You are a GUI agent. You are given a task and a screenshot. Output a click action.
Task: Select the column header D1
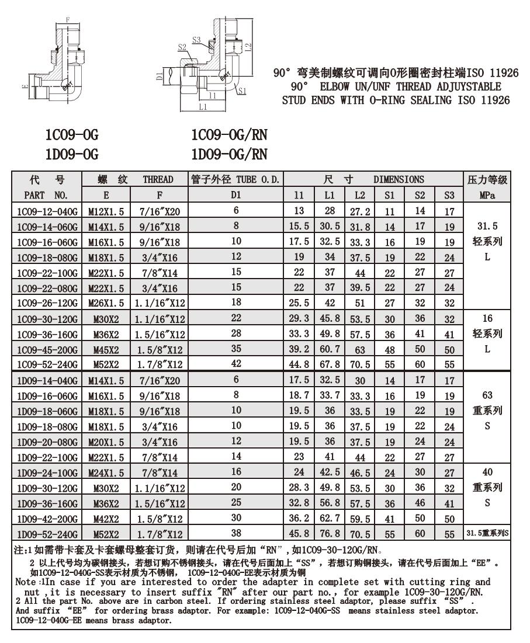pyautogui.click(x=236, y=194)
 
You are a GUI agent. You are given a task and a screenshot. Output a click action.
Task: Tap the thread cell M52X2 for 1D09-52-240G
pyautogui.click(x=107, y=534)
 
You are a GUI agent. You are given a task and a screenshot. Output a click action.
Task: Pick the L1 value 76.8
pyautogui.click(x=330, y=534)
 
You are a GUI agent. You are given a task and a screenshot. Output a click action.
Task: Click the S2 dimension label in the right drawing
pyautogui.click(x=181, y=47)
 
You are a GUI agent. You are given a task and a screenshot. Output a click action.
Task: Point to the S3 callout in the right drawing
pyautogui.click(x=196, y=40)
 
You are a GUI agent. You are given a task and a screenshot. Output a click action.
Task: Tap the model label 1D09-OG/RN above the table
pyautogui.click(x=229, y=155)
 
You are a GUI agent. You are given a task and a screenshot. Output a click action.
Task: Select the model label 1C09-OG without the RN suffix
pyautogui.click(x=72, y=135)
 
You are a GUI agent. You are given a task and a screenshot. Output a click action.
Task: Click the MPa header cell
pyautogui.click(x=487, y=194)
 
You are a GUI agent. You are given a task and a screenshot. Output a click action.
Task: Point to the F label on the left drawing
pyautogui.click(x=68, y=19)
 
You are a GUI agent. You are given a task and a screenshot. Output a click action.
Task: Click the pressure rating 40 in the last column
pyautogui.click(x=487, y=472)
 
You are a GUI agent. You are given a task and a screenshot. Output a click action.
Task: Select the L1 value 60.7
pyautogui.click(x=330, y=349)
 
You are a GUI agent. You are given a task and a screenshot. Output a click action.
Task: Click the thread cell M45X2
pyautogui.click(x=107, y=349)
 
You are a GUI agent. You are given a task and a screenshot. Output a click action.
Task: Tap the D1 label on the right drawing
pyautogui.click(x=160, y=75)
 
